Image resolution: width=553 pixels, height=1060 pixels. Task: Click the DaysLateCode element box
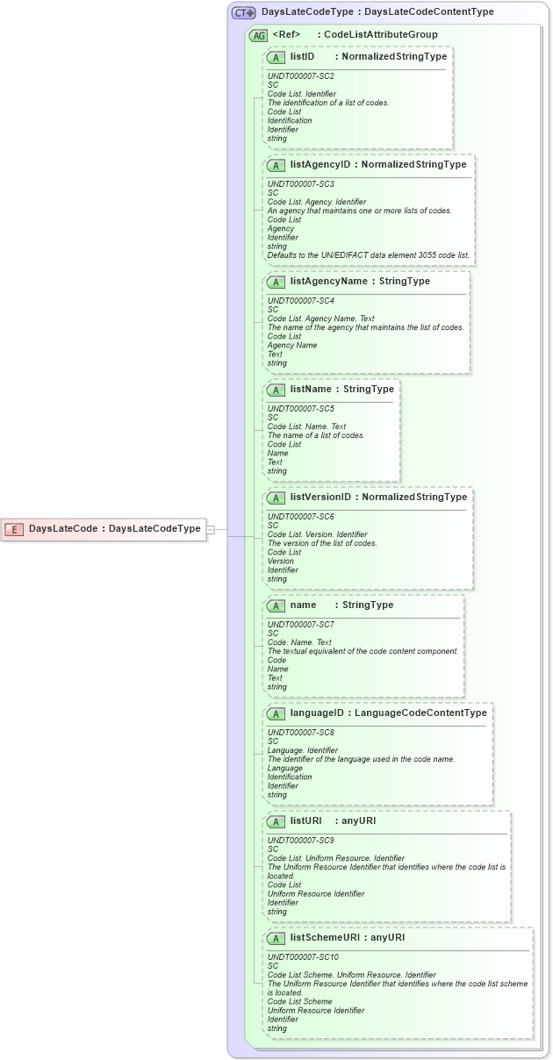tap(104, 529)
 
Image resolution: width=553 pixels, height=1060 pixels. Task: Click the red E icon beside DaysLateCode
tap(14, 529)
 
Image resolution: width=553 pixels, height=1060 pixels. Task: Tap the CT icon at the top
tap(243, 13)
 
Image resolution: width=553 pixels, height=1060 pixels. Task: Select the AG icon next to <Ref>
tap(258, 36)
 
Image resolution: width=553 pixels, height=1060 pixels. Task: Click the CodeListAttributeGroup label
tap(381, 35)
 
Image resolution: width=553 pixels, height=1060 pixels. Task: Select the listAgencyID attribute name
tap(320, 164)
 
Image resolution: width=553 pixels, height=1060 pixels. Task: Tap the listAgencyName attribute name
tap(328, 282)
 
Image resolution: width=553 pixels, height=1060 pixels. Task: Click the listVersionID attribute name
tap(320, 498)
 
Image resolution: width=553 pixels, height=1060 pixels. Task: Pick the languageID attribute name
tap(317, 713)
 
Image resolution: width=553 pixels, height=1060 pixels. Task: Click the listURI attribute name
tap(305, 821)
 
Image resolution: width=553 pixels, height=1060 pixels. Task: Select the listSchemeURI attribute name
tap(324, 938)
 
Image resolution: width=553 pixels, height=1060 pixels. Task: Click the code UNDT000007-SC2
tap(300, 76)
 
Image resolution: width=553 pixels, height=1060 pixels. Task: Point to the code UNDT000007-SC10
tap(303, 957)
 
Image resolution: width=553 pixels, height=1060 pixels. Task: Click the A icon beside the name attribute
tap(276, 605)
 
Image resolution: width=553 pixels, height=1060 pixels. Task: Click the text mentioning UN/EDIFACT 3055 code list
tap(368, 255)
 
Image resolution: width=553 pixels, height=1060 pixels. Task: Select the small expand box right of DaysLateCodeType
tap(211, 529)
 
